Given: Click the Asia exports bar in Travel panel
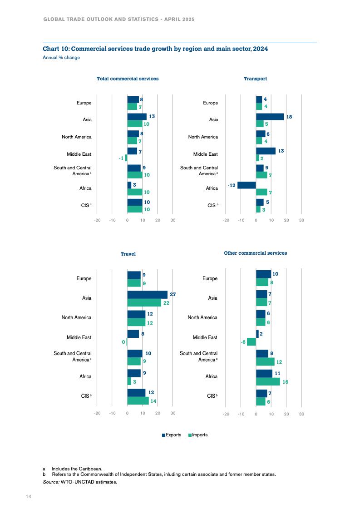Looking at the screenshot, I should click(147, 295).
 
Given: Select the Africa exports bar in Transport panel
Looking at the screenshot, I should click(247, 185).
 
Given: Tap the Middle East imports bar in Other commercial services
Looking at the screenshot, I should click(251, 341).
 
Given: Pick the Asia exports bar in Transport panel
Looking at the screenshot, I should click(270, 117).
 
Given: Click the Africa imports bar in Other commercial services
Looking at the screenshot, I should click(268, 381).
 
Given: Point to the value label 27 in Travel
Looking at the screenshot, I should click(173, 295).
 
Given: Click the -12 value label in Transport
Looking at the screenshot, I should click(231, 185).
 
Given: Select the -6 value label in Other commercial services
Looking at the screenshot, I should click(243, 342).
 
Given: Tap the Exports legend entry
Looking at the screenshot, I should click(172, 435).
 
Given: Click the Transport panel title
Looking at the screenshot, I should click(255, 79).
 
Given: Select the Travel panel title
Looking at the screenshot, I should click(128, 254).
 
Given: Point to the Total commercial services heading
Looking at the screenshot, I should click(128, 79).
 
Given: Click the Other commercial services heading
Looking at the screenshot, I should click(255, 253).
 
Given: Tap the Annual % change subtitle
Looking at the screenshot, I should click(61, 58).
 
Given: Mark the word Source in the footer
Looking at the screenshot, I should click(51, 482).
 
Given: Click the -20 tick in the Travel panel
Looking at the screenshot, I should click(97, 413).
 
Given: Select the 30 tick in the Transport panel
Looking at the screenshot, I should click(301, 220).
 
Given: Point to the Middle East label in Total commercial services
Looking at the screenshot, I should click(79, 154).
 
